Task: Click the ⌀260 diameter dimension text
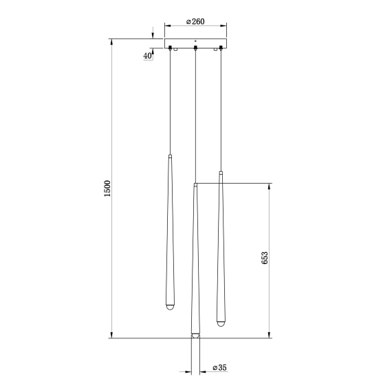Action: coord(195,22)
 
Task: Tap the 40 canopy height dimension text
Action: coord(148,56)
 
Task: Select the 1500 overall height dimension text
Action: coord(107,188)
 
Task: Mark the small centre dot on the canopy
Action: coord(196,41)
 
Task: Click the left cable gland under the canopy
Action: coord(170,48)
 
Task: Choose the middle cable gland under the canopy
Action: coord(196,48)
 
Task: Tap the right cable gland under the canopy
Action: coord(221,48)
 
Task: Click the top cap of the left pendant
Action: coord(170,156)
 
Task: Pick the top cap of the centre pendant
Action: coord(196,184)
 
